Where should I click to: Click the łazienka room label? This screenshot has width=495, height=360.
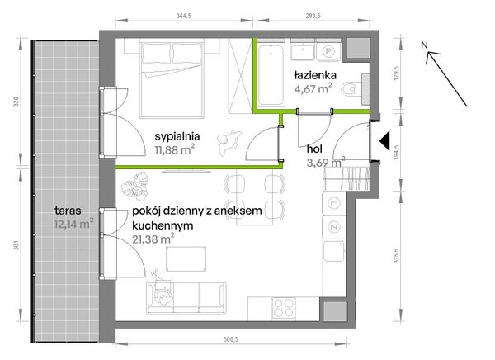coord(315,75)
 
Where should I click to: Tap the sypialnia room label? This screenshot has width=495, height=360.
coord(177,136)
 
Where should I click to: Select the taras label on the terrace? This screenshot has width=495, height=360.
coord(68,211)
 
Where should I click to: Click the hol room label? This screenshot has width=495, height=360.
coord(314,149)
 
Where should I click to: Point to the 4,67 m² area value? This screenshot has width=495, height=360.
coord(313,88)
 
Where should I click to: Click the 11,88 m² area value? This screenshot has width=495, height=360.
coord(174,149)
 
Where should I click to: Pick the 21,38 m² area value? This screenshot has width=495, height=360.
coord(153,239)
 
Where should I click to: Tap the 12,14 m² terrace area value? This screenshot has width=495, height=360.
coord(74,224)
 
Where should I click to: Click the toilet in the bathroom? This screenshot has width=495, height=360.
coord(351,89)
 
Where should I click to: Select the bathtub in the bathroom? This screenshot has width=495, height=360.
coord(271,74)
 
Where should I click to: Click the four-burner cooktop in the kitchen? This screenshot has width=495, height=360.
coord(283,308)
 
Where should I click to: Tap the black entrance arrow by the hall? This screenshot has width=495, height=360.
coord(384,140)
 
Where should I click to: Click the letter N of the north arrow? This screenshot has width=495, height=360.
coord(424,45)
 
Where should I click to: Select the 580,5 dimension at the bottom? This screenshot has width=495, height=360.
coord(231,339)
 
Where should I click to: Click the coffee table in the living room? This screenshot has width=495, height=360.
coord(186,259)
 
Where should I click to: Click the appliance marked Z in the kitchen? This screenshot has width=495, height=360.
coord(333,227)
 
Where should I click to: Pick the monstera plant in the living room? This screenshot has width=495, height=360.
coord(135,186)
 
